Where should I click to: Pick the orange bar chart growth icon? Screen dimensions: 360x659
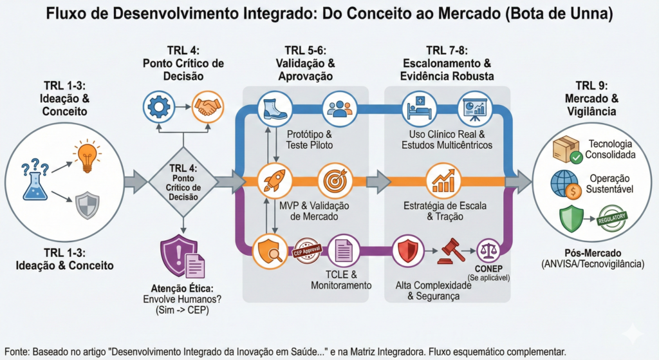(x=445, y=181)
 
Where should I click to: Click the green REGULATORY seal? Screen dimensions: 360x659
(x=613, y=219)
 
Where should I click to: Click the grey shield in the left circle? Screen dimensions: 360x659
(x=88, y=206)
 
